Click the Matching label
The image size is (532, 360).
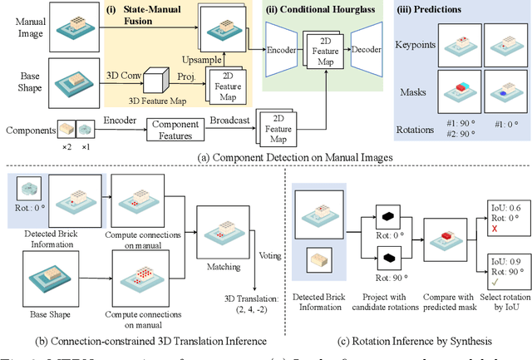(x=219, y=269)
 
